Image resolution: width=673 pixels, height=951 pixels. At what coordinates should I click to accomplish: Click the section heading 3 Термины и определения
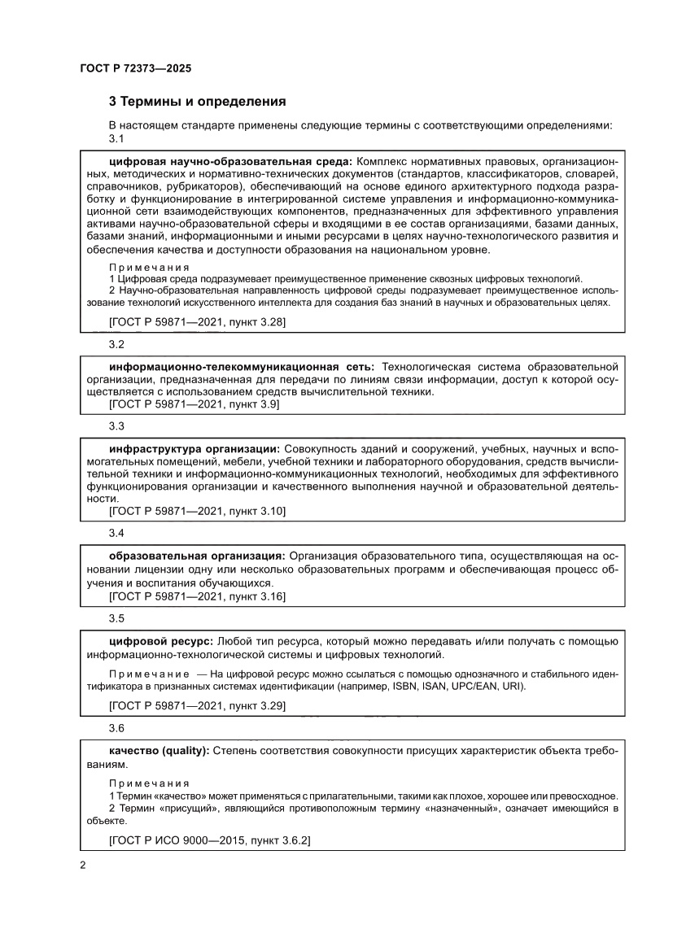coord(197,102)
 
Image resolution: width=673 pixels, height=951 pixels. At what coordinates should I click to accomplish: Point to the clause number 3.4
coord(116,533)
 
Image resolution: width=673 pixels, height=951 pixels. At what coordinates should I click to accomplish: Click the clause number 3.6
coord(116,729)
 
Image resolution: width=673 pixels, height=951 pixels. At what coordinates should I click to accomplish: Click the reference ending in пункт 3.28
coord(197,322)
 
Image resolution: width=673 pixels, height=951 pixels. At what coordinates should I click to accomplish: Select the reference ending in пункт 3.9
coord(194,404)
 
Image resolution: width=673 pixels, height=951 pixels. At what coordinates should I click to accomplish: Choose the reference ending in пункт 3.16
coord(197,596)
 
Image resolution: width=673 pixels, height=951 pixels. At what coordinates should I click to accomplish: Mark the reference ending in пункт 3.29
coord(197,706)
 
